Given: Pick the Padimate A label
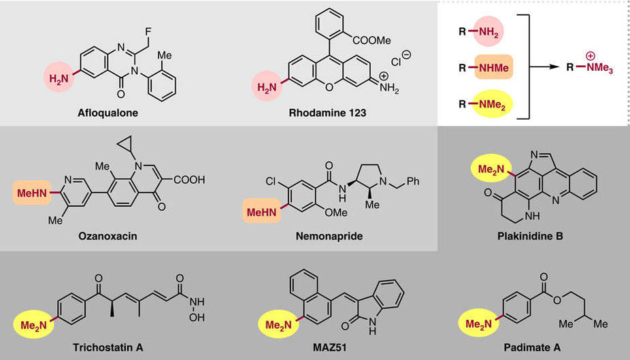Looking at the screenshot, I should pos(529,347).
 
